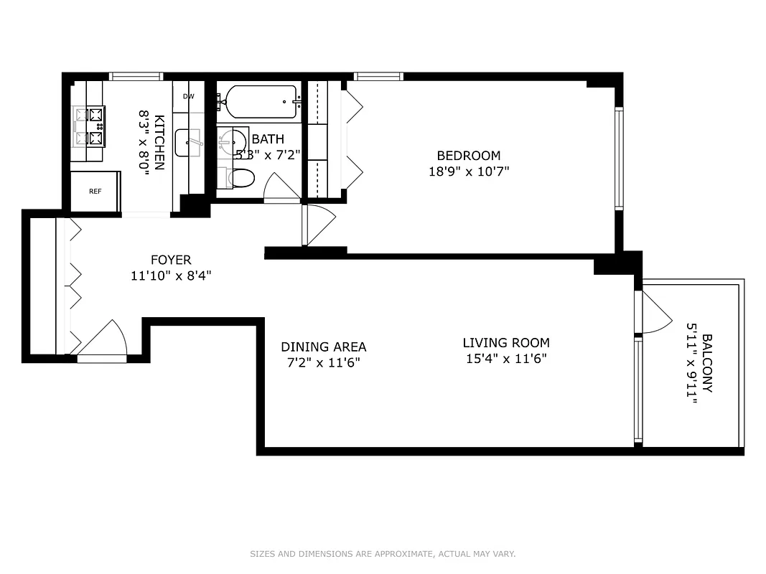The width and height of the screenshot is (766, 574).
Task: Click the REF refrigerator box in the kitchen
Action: pos(95,192)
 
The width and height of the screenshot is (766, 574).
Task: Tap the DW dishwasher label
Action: pos(189,96)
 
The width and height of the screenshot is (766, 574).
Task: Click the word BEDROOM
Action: pos(469,156)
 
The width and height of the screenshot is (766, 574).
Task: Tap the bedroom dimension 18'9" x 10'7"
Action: pos(469,171)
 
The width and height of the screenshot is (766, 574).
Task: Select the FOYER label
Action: pos(171,260)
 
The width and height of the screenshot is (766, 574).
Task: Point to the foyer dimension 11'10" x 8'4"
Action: pos(171,275)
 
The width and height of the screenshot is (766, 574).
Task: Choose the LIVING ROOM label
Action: pos(506,343)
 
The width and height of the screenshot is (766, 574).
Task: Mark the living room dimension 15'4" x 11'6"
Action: pos(506,358)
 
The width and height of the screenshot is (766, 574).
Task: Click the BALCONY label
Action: pos(707,363)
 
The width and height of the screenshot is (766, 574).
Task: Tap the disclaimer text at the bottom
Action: pos(383,554)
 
